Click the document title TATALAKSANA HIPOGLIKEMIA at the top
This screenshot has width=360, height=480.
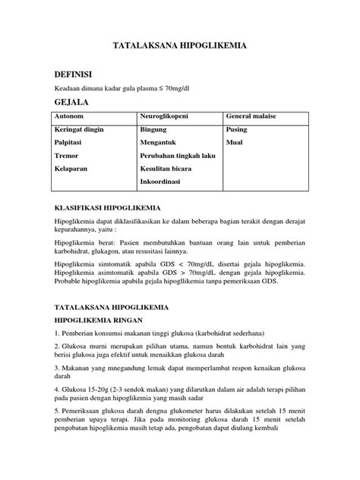pyautogui.click(x=179, y=46)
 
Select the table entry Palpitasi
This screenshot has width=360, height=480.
pyautogui.click(x=69, y=144)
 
